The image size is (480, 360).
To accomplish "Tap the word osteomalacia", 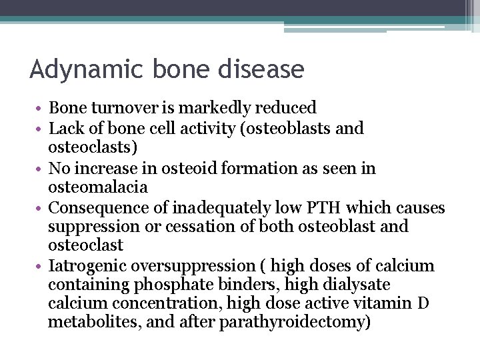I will click(98, 187).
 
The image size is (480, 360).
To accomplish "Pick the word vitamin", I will click(384, 304).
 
